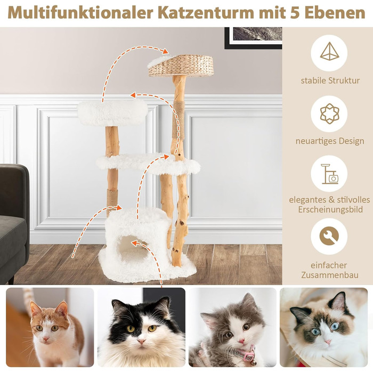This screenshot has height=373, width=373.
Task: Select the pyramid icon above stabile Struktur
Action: tap(329, 52)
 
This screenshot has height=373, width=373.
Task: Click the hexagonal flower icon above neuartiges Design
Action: tap(329, 113)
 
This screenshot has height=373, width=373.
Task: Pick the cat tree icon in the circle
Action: tap(329, 174)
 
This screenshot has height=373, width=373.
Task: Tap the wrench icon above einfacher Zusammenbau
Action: tap(329, 236)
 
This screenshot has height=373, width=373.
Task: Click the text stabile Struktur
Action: tap(330, 80)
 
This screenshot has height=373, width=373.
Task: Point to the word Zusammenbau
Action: tap(330, 275)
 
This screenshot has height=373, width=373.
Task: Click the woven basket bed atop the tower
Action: tap(181, 66)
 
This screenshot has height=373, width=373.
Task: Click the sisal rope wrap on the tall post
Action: tap(179, 120)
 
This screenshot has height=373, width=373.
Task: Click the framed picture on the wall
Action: tap(253, 38)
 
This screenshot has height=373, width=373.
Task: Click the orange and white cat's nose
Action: tap(46, 338)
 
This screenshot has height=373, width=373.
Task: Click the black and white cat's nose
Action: tap(141, 341)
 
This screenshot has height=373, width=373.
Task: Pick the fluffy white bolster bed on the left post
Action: tap(112, 113)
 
